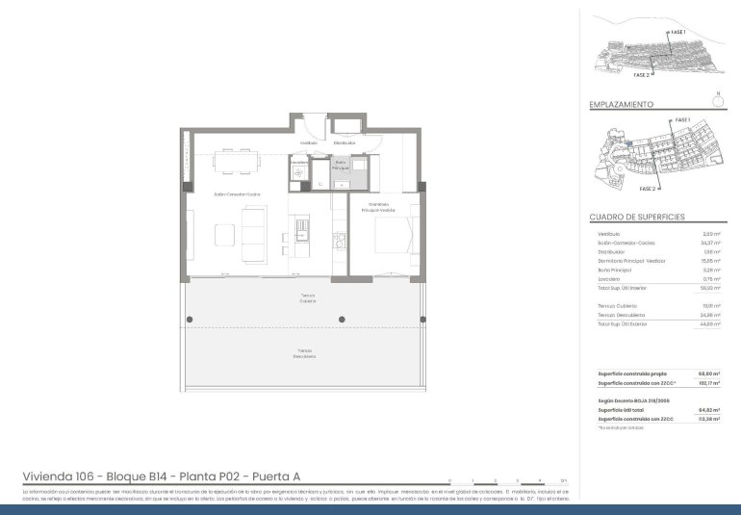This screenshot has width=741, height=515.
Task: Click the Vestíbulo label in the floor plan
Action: tap(308, 142)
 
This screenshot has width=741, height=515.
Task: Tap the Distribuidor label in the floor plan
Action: tap(345, 142)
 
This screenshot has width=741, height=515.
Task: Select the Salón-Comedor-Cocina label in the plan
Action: tap(238, 194)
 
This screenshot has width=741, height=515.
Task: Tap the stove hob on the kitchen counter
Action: tap(339, 238)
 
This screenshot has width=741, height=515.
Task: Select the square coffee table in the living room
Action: tap(224, 237)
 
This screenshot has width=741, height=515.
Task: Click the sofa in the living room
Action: tap(255, 237)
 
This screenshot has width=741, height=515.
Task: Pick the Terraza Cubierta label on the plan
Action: tap(307, 297)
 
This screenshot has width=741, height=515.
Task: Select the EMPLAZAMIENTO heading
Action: tap(621, 104)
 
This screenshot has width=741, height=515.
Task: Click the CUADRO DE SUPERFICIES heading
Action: tap(636, 218)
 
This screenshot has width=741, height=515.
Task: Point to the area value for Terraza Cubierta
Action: tap(711, 305)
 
